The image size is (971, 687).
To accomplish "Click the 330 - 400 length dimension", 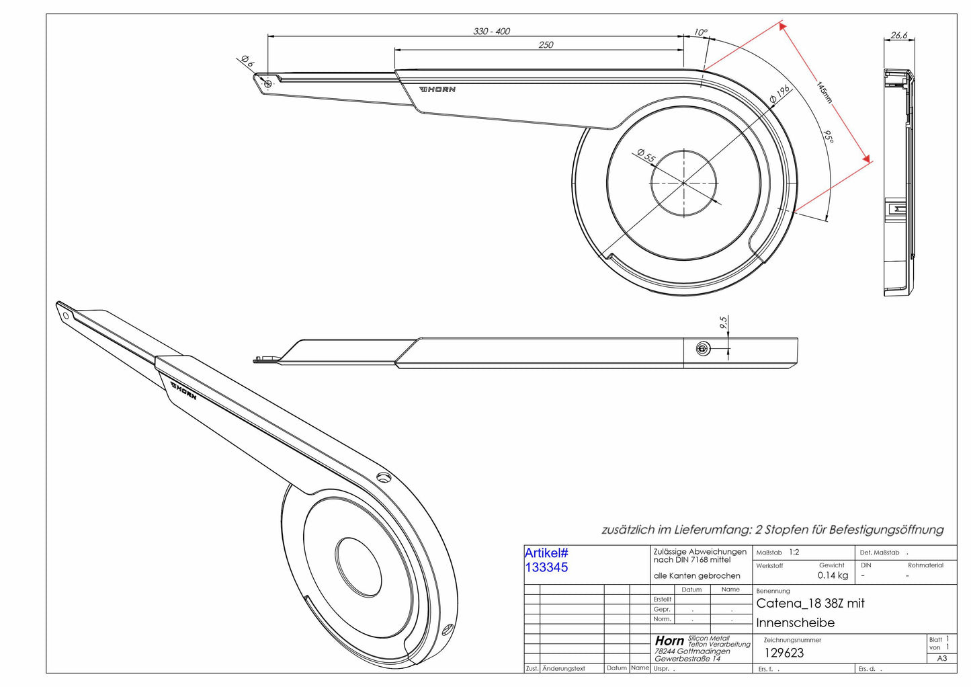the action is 491,31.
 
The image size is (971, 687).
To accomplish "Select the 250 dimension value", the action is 546,44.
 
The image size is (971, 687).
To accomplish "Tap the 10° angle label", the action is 700,32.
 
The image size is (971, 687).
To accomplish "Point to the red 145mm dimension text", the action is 825,92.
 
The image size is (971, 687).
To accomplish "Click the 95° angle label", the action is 829,136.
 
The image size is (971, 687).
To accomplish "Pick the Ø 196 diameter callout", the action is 780,94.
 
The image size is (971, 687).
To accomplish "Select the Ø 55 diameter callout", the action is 646,155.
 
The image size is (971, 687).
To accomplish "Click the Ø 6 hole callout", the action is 247,61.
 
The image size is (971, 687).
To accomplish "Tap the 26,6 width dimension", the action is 899,35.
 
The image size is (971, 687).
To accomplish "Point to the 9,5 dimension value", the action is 723,322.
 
